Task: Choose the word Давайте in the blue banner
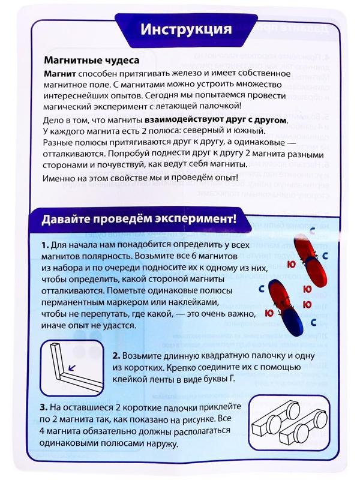[67, 218]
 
